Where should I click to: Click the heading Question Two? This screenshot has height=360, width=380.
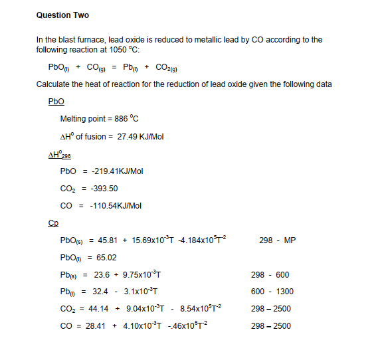(x=62, y=15)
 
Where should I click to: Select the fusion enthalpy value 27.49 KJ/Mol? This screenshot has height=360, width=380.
(x=140, y=137)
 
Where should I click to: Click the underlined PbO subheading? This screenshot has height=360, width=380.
(x=56, y=102)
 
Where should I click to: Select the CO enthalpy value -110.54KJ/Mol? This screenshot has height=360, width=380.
(x=115, y=206)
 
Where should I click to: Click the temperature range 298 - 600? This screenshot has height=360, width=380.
(x=270, y=274)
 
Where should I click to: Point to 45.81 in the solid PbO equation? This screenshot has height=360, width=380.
(x=108, y=240)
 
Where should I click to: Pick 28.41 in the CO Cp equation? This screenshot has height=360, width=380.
(x=96, y=325)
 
